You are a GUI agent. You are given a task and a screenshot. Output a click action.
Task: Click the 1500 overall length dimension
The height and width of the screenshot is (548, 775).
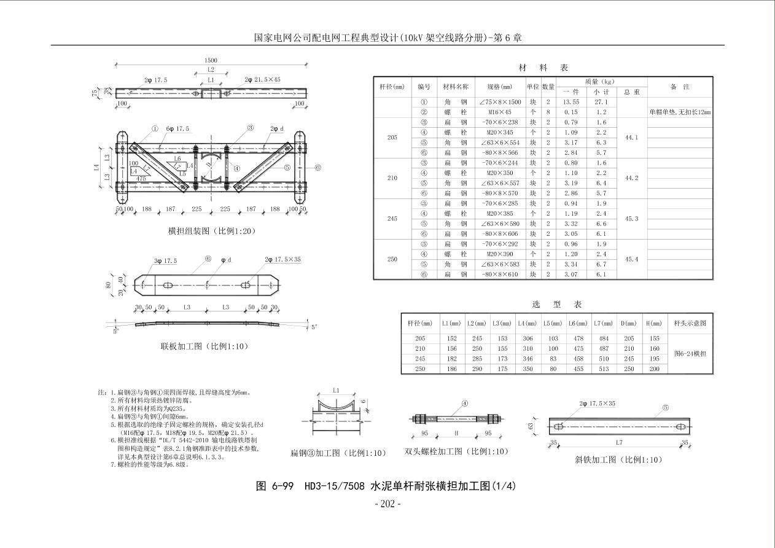(211, 60)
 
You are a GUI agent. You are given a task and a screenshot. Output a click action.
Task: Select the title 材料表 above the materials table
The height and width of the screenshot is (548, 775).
(543, 68)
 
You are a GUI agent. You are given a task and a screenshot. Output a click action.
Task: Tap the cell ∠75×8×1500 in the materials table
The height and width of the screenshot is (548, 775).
(500, 103)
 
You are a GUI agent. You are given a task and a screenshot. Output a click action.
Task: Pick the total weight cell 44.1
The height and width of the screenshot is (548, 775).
(631, 138)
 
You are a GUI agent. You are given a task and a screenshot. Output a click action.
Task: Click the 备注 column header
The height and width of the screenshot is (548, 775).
(680, 87)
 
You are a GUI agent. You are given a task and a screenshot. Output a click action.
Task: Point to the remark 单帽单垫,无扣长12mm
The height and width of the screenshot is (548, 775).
(680, 112)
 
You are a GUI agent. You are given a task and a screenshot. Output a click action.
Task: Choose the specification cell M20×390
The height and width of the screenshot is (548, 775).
(500, 254)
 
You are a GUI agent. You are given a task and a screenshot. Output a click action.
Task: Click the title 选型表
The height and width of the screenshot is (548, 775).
(556, 304)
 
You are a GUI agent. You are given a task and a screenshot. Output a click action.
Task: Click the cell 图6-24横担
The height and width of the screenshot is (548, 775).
(690, 354)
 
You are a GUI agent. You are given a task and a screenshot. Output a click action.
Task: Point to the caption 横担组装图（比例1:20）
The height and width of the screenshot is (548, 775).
(211, 231)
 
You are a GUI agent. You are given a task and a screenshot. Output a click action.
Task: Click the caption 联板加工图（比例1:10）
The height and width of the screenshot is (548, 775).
(204, 346)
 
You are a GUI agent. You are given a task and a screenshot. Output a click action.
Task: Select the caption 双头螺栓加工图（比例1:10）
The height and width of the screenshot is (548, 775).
(456, 452)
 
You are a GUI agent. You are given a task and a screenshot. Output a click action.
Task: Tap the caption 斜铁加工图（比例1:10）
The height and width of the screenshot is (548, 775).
(618, 460)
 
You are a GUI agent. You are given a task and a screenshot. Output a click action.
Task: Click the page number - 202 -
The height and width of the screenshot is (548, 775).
(387, 504)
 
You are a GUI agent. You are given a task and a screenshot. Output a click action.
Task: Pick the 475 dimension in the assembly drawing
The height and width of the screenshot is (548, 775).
(141, 179)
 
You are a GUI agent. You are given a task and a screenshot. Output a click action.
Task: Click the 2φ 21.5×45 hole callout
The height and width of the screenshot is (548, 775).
(262, 80)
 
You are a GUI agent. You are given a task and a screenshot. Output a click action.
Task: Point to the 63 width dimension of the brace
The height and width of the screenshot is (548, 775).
(532, 425)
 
